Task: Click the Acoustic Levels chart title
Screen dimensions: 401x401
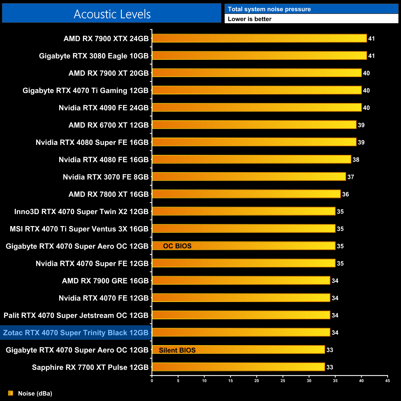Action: (112, 14)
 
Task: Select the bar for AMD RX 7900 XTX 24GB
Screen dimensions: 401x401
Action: (259, 38)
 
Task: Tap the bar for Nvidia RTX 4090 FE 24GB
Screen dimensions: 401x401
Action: (257, 107)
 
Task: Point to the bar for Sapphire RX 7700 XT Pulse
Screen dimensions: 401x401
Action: (238, 367)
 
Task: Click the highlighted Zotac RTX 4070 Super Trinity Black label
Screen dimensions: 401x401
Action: (76, 333)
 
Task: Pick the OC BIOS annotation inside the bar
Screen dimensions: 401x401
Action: (177, 246)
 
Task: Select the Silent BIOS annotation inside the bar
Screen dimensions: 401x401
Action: (177, 350)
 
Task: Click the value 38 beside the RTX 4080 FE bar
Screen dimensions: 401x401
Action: (356, 159)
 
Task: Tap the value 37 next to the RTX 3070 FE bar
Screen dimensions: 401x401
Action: (351, 177)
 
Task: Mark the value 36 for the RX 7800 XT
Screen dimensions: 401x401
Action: (345, 194)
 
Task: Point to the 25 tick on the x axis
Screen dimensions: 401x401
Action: (283, 381)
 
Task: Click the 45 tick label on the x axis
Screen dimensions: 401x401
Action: (387, 381)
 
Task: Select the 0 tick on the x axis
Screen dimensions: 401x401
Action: (152, 381)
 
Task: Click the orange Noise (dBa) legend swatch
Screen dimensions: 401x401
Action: (10, 393)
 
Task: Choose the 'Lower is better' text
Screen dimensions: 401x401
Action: (250, 19)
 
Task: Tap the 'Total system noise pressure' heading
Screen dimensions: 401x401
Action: (269, 9)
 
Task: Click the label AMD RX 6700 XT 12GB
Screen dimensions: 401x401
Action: (109, 125)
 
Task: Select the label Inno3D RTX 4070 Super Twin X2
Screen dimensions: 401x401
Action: (81, 212)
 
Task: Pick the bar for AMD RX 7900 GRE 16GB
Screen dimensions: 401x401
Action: (241, 280)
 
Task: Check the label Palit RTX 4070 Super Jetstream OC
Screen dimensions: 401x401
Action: (76, 315)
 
